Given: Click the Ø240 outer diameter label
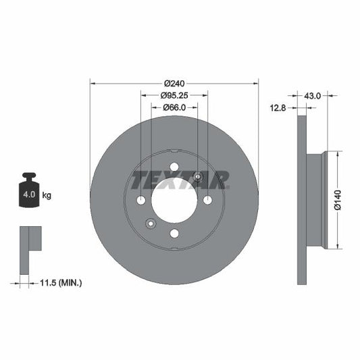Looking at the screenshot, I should tap(174, 76).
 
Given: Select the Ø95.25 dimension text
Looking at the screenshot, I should tap(174, 95).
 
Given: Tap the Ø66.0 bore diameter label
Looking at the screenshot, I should tap(174, 107).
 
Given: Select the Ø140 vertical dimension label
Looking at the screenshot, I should tap(337, 201).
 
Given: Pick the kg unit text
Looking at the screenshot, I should tap(47, 195).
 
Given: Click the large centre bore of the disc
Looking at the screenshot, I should tap(174, 200).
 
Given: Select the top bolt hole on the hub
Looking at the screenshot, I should tap(174, 167).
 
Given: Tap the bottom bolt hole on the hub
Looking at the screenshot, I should tap(174, 233).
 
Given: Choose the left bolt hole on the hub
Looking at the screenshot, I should tap(140, 200).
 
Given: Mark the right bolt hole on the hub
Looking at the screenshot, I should tap(207, 200).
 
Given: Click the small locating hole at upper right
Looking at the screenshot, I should tap(197, 177).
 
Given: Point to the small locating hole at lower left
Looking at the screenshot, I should tap(151, 224).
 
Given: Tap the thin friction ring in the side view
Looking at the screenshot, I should tap(301, 200).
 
